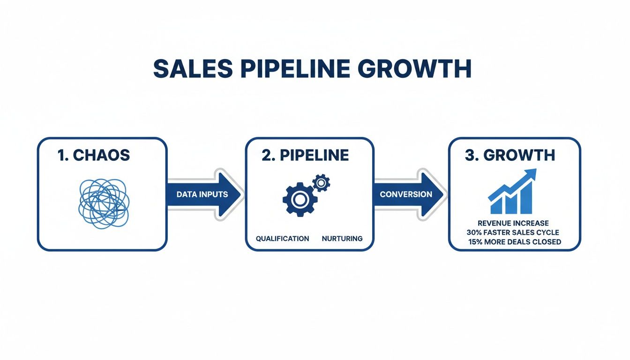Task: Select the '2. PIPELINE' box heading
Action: tap(305, 156)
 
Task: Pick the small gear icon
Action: tap(321, 182)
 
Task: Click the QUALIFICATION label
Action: tap(282, 239)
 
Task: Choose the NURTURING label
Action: tap(342, 239)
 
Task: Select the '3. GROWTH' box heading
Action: tap(510, 156)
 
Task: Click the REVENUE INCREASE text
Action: tap(513, 223)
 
